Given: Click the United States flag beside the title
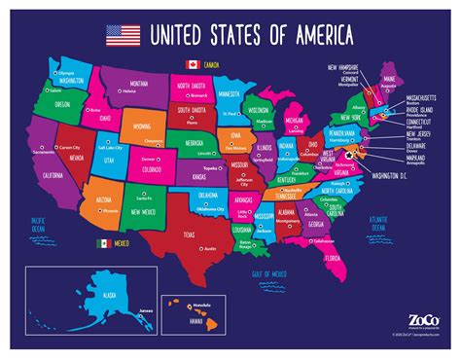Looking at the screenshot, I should click(122, 37).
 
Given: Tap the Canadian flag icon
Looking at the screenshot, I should click(192, 65).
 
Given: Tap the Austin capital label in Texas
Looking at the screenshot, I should click(208, 250).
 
